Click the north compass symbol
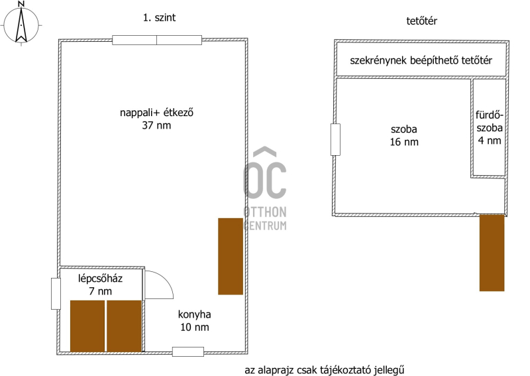click(21, 24)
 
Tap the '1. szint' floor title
click(159, 18)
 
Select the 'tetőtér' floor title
click(421, 21)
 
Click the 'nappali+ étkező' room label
click(156, 112)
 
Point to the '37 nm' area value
click(156, 125)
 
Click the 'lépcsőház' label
click(101, 279)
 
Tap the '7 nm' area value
click(101, 291)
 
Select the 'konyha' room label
click(194, 314)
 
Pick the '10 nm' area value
click(194, 328)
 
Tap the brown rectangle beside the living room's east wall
click(231, 256)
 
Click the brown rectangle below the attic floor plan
click(492, 253)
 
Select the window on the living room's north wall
click(157, 40)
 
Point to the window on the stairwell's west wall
click(56, 294)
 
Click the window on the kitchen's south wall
click(188, 351)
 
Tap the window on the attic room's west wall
click(335, 139)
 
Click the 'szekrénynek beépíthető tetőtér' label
click(421, 60)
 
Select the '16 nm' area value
click(404, 142)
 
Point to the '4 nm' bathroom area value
click(490, 141)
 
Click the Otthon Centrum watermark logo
click(265, 188)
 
